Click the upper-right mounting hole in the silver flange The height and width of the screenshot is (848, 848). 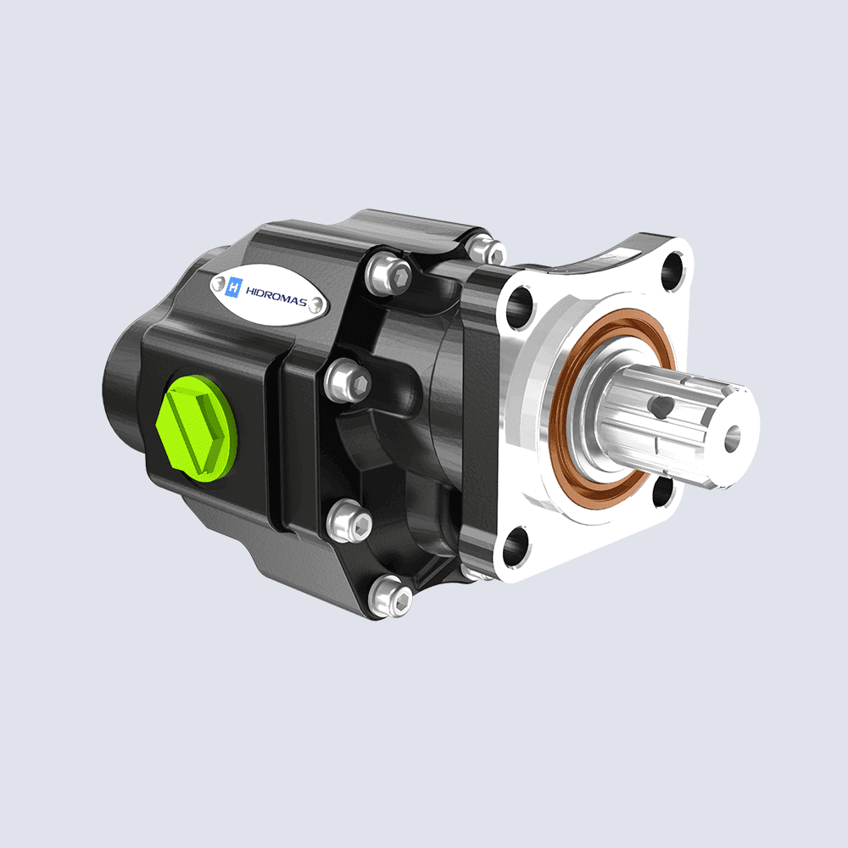pos(672,269)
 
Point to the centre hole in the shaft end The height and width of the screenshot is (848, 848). pos(731,437)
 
